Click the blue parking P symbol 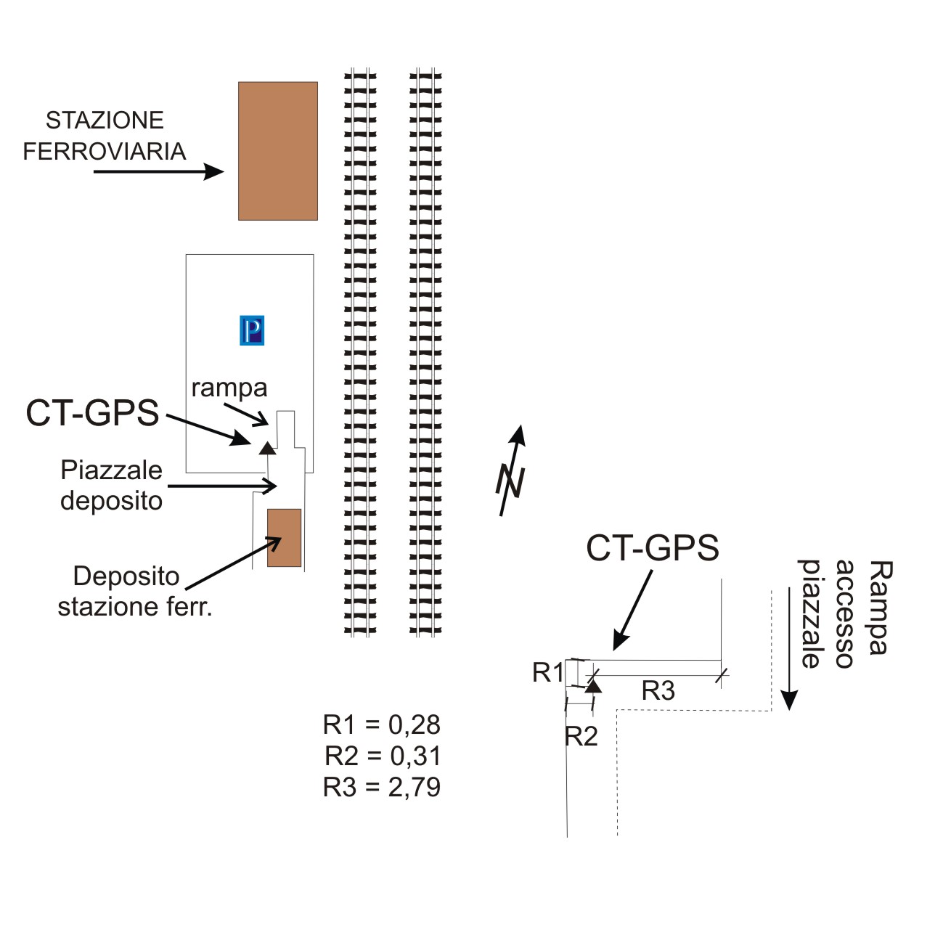[x=252, y=330]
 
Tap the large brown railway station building [x=278, y=151]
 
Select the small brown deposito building [x=284, y=537]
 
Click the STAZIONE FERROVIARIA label [x=105, y=136]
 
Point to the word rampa [x=229, y=388]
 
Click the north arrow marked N [x=513, y=471]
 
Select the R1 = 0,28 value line [x=382, y=724]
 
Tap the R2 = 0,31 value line [x=383, y=756]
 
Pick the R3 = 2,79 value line [x=382, y=787]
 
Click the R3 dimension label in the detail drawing [x=658, y=690]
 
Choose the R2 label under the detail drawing [x=581, y=736]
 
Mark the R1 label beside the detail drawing [x=547, y=672]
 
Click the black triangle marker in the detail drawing [x=594, y=685]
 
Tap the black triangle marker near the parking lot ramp [x=268, y=447]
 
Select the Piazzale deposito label [x=111, y=485]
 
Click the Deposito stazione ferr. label [x=134, y=591]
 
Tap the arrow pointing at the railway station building [x=158, y=171]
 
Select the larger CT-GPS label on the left [x=92, y=413]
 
